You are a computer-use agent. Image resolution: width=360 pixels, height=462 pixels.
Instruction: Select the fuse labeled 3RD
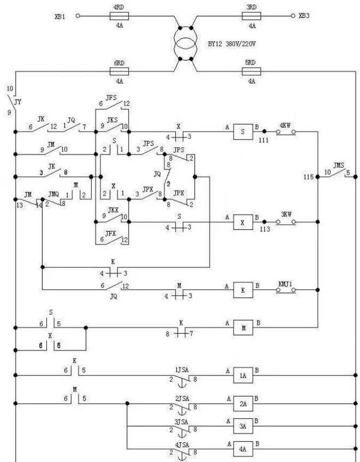coord(252,16)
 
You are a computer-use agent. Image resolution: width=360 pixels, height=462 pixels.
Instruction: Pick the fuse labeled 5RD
coord(252,72)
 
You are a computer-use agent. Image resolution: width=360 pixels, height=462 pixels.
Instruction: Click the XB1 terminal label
coord(60,16)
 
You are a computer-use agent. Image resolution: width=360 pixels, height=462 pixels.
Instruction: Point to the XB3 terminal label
coord(304,16)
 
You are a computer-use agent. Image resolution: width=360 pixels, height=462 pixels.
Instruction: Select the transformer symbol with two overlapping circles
coord(185,43)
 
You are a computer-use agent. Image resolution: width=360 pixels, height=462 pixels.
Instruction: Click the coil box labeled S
coord(243,131)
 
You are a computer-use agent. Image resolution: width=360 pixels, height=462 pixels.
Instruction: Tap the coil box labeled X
coord(243,222)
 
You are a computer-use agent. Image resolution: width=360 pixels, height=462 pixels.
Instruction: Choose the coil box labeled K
coord(243,290)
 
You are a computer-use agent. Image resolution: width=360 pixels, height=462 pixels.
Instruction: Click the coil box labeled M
coord(243,328)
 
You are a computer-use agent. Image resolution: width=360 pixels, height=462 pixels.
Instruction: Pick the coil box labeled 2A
coord(243,403)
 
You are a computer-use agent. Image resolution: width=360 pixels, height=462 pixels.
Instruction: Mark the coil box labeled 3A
coord(243,426)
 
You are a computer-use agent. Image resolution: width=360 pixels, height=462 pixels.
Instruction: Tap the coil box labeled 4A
coord(243,449)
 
